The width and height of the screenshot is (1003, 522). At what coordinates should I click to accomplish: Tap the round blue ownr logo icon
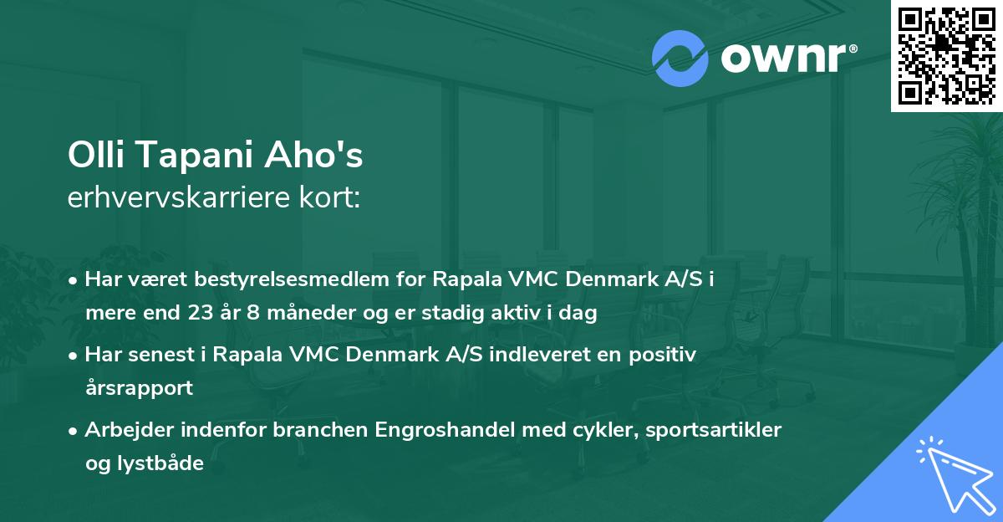pyautogui.click(x=680, y=58)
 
